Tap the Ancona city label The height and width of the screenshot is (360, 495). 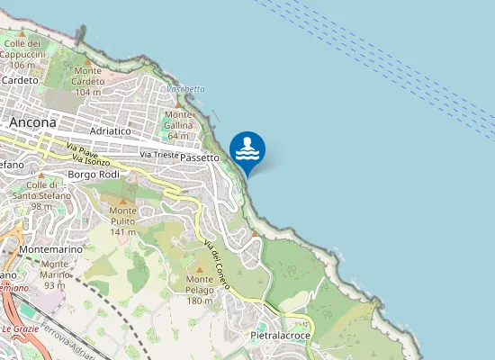tap(32, 122)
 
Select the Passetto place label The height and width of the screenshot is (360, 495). tap(200, 157)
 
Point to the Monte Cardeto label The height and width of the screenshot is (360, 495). tap(88, 82)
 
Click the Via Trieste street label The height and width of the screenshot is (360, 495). tap(158, 156)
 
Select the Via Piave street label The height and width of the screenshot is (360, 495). tap(81, 150)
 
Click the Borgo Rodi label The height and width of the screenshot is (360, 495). tap(94, 174)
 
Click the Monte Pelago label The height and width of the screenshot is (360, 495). tap(199, 290)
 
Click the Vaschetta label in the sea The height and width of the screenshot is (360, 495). tap(185, 89)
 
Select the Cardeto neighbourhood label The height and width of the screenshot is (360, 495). tap(20, 80)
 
